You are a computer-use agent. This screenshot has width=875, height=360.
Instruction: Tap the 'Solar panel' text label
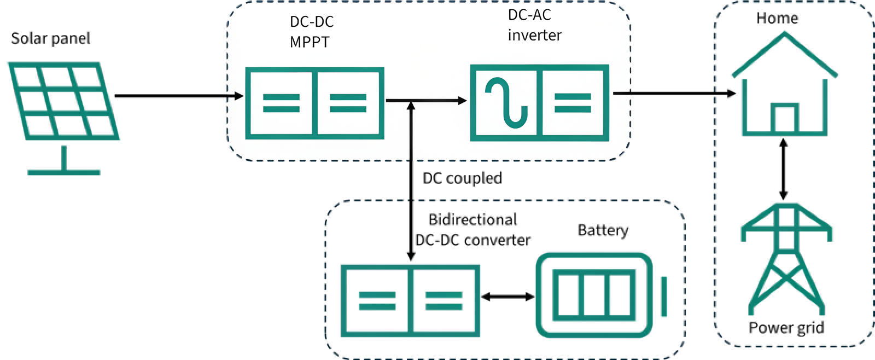pyautogui.click(x=50, y=38)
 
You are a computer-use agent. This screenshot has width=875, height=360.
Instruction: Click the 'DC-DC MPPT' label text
pyautogui.click(x=312, y=32)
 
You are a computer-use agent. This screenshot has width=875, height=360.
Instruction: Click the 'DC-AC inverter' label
pyautogui.click(x=534, y=25)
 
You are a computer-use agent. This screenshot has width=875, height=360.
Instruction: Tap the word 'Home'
pyautogui.click(x=777, y=19)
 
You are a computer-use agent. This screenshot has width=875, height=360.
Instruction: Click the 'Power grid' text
pyautogui.click(x=786, y=328)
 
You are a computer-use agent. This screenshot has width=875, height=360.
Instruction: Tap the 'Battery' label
pyautogui.click(x=603, y=230)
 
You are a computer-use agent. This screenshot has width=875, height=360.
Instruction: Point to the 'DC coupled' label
pyautogui.click(x=463, y=178)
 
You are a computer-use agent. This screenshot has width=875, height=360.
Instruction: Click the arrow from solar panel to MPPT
pyautogui.click(x=179, y=96)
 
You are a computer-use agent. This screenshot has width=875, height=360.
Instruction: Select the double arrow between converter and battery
pyautogui.click(x=508, y=297)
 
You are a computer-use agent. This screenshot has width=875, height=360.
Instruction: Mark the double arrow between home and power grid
pyautogui.click(x=783, y=169)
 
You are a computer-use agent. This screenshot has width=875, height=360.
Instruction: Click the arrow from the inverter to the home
pyautogui.click(x=675, y=94)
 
